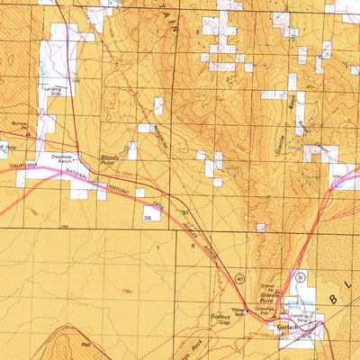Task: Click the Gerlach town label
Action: point(285,327)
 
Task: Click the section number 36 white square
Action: point(147,217)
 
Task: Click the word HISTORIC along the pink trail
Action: point(114,187)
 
